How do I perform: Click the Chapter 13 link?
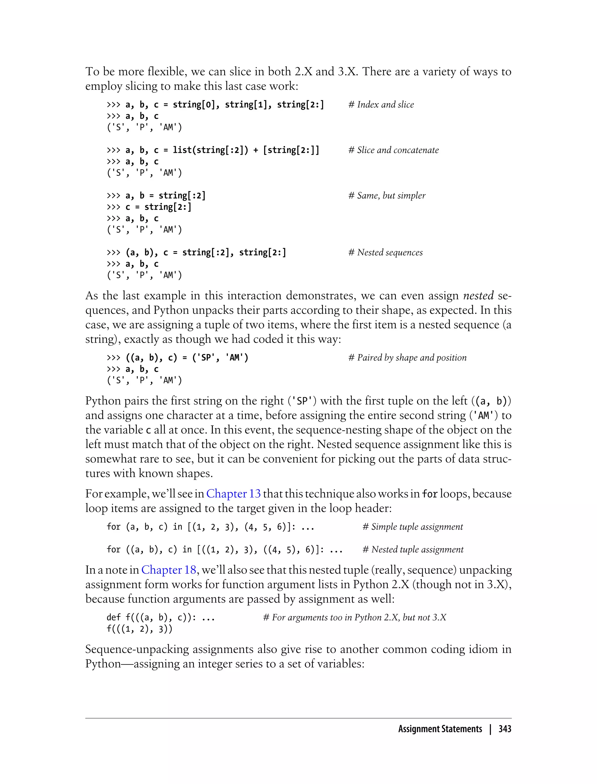[233, 494]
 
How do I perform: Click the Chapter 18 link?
[169, 570]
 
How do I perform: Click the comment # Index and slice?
[381, 104]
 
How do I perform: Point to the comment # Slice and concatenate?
[393, 150]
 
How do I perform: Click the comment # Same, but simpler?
[387, 195]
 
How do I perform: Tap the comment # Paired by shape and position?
[407, 358]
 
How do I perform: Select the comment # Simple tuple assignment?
[412, 526]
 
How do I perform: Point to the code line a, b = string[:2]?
[165, 195]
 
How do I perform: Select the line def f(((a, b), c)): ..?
[161, 617]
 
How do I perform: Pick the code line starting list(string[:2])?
[222, 150]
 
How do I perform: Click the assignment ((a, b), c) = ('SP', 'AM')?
[187, 358]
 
